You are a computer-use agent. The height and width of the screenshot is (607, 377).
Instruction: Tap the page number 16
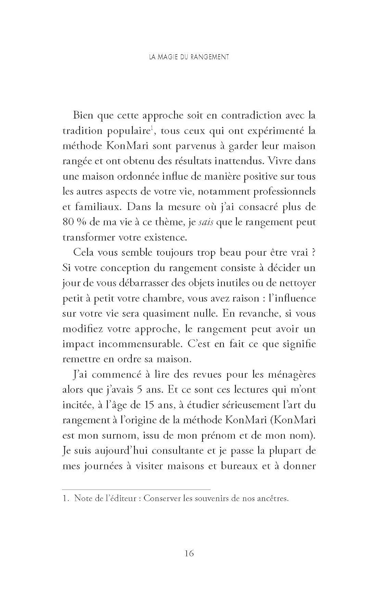tap(189, 553)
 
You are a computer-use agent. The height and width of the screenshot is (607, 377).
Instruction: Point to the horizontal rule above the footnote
tap(137, 489)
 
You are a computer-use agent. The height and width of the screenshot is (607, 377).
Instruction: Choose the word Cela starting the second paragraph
tap(84, 253)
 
